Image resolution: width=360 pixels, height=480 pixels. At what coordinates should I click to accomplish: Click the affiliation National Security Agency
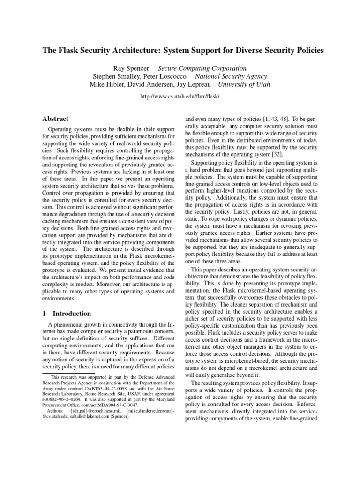pos(231,76)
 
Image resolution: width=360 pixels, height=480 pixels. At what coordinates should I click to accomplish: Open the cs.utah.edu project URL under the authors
pos(180,96)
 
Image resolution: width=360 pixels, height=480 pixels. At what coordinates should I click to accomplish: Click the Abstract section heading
pos(56,119)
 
